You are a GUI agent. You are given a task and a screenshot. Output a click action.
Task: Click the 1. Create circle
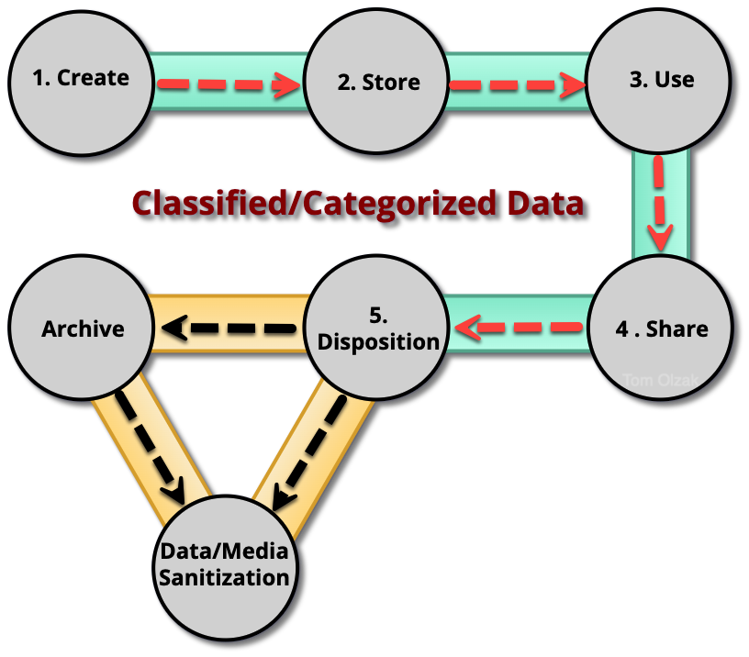click(80, 78)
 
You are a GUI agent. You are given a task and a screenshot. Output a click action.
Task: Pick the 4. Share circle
click(660, 328)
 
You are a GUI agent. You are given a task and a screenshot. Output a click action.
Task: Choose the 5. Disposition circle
click(376, 329)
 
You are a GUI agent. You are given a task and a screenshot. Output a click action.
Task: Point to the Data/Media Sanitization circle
click(225, 565)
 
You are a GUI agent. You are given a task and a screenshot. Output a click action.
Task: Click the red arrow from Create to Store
click(229, 85)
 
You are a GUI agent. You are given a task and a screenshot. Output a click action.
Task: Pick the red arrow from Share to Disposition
click(519, 326)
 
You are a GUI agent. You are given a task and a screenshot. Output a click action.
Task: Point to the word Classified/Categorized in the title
click(307, 202)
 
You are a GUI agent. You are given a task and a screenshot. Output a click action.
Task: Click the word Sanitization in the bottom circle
click(225, 578)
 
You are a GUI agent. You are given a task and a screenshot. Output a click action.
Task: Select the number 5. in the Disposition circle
click(377, 316)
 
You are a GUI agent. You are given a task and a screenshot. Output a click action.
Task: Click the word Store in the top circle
click(391, 83)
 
